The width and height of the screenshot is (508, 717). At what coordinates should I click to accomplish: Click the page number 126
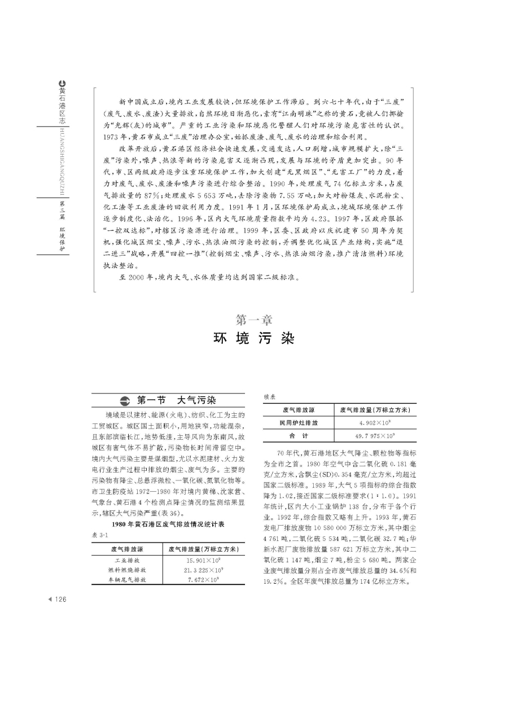tap(60, 600)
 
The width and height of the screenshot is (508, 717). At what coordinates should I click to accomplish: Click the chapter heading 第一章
tap(253, 320)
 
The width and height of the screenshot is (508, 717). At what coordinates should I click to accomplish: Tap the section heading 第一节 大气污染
tap(176, 400)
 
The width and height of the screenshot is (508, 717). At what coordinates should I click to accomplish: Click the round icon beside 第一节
tap(125, 401)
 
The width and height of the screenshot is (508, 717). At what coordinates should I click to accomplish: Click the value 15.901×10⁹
tap(204, 561)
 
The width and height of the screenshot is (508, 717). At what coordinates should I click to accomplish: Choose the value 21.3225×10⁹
tap(204, 570)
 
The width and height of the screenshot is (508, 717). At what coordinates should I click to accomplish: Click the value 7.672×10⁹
tap(204, 580)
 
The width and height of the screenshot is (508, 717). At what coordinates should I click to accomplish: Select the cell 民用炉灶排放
tap(299, 422)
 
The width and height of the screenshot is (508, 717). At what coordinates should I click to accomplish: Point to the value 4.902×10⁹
tap(375, 422)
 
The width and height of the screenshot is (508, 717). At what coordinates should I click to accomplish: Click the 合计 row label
tap(299, 436)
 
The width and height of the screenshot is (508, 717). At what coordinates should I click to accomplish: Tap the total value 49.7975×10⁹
tap(375, 436)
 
